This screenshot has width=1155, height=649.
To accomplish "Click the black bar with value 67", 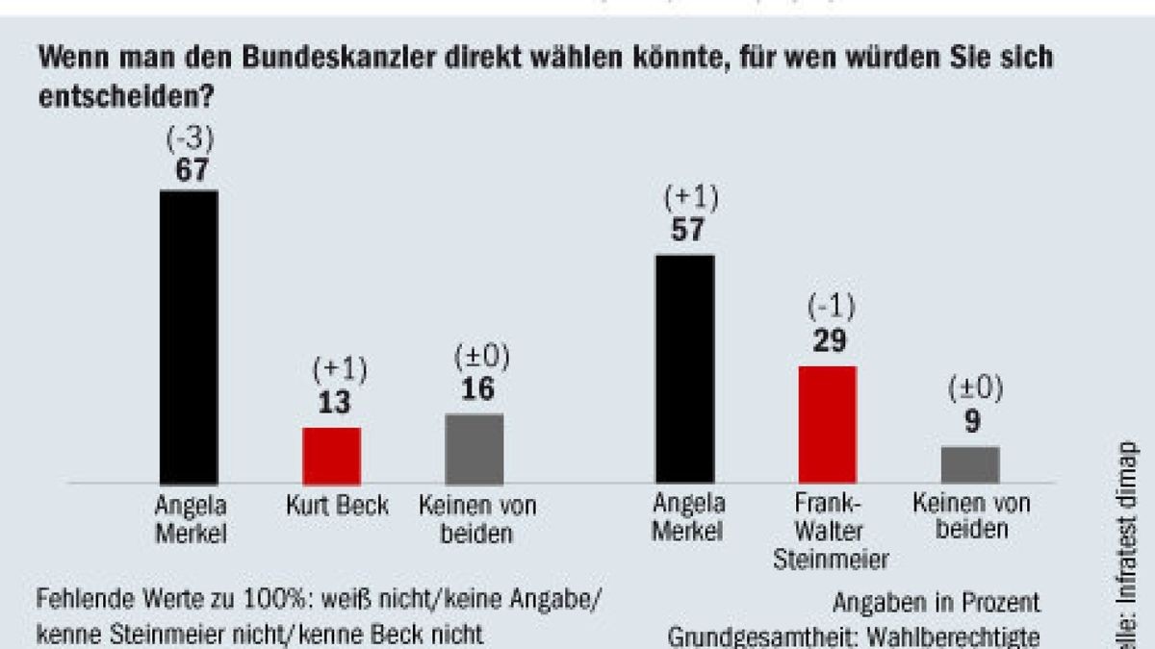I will coord(189,337).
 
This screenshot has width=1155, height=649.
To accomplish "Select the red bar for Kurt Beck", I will coord(331,456).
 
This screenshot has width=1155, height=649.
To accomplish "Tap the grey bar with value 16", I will coord(474,449).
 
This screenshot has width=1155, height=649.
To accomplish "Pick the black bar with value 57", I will coord(684,369).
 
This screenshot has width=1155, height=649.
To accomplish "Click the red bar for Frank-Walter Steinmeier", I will coord(827,424).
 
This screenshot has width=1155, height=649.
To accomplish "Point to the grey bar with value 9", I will coord(970,464).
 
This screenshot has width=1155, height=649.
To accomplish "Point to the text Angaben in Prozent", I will coord(936,603).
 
